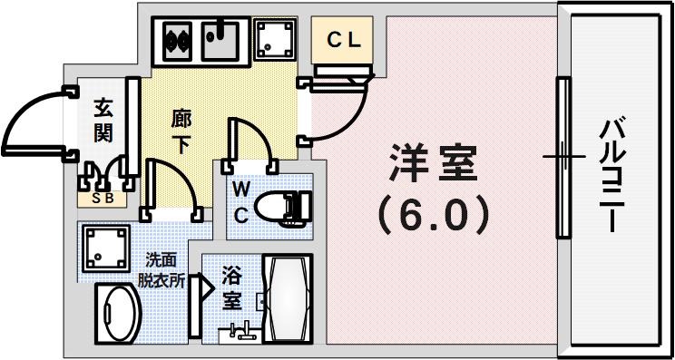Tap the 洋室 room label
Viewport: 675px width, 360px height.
point(434,166)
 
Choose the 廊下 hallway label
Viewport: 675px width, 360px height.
point(181,131)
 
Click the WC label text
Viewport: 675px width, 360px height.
point(240,201)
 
